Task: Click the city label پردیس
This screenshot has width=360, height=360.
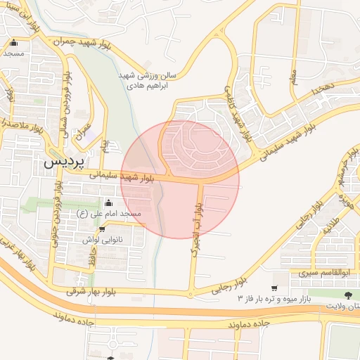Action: (x=64, y=161)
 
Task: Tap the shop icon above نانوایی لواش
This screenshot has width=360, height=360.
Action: (x=102, y=229)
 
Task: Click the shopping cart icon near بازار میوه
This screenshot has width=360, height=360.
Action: (x=274, y=288)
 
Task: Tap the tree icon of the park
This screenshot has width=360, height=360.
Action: (x=349, y=293)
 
